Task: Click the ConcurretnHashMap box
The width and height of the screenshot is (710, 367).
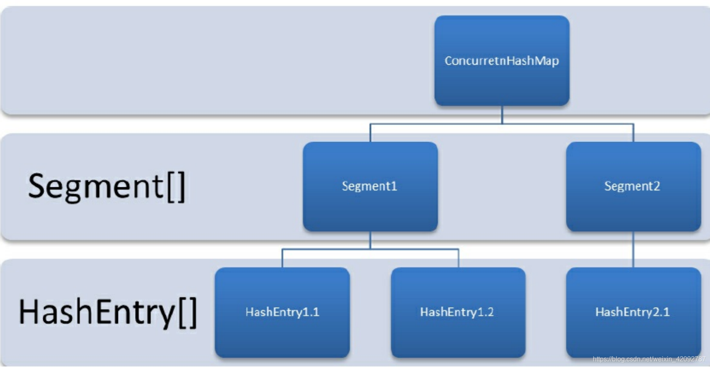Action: (502, 61)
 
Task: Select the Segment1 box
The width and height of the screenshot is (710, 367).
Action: (370, 186)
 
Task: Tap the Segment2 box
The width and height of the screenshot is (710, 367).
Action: (633, 186)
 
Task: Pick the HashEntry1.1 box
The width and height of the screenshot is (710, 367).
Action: (282, 313)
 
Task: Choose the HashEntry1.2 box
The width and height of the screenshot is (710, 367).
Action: (458, 313)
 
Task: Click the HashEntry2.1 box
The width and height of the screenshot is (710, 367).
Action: (633, 313)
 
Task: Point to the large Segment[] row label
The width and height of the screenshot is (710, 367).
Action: (107, 187)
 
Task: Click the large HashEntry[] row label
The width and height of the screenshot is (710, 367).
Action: (108, 312)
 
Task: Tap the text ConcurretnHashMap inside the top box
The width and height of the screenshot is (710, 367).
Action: (502, 61)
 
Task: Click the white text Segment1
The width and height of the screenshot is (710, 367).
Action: (370, 186)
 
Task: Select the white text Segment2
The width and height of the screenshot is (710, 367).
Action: (632, 186)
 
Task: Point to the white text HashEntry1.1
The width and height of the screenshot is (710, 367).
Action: (282, 312)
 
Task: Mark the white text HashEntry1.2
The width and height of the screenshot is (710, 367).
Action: (457, 312)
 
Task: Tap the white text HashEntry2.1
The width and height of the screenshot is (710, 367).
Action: (633, 312)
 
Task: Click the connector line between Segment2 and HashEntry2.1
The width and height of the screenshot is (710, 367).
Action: (633, 250)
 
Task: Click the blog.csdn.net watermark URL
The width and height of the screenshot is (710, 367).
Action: (649, 359)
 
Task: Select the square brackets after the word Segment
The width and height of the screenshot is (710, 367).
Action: (175, 187)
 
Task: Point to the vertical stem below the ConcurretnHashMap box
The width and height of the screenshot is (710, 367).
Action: (502, 115)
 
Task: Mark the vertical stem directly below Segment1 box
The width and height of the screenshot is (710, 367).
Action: (370, 240)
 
